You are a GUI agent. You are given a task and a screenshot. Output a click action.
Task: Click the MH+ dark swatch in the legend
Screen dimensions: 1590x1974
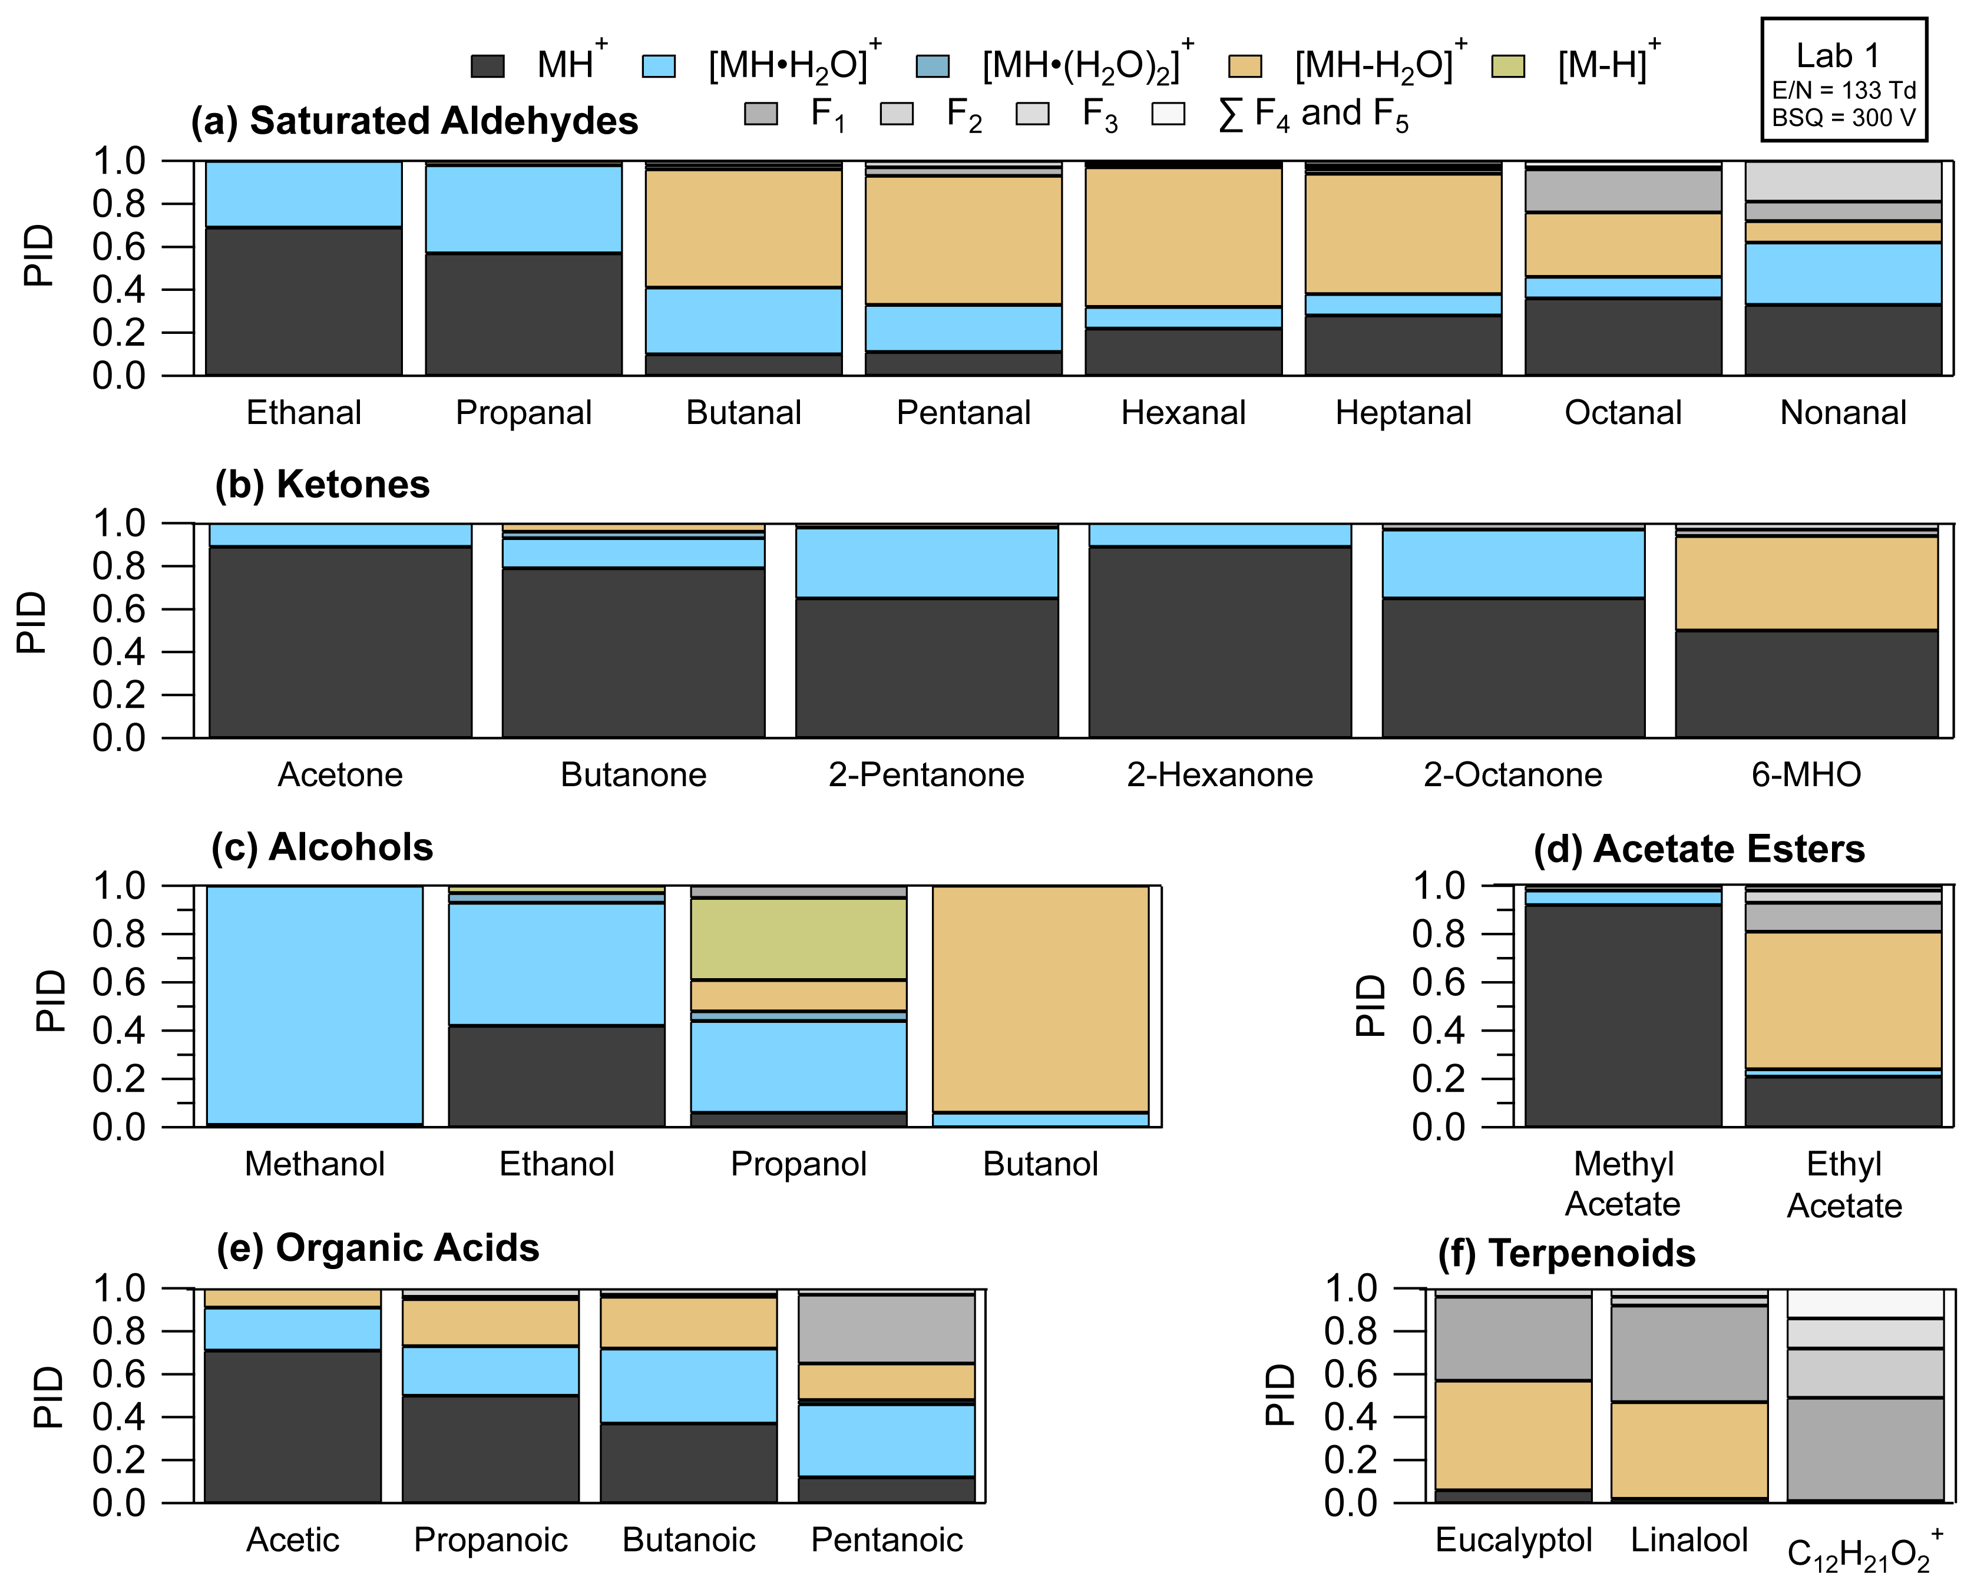(x=487, y=66)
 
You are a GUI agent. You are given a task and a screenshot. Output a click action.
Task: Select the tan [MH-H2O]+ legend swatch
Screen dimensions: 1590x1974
(x=1245, y=66)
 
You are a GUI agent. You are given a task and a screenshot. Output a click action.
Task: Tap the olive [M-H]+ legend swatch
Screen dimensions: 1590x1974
(x=1508, y=66)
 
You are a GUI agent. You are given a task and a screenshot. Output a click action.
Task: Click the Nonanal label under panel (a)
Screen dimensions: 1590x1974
(x=1843, y=413)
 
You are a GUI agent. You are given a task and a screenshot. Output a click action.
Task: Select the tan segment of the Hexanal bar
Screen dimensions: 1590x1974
(x=1183, y=236)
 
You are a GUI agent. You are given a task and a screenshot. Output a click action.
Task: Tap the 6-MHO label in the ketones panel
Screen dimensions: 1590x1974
(x=1806, y=775)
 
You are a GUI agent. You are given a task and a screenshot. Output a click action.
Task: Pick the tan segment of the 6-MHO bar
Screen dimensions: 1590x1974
(x=1806, y=584)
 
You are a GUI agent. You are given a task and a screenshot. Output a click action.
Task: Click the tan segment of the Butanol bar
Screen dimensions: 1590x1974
(x=1040, y=998)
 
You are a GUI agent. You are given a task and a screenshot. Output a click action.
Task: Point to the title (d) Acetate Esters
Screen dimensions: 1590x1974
(x=1699, y=849)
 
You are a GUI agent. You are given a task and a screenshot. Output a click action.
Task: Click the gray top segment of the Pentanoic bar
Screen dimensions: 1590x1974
(x=887, y=1328)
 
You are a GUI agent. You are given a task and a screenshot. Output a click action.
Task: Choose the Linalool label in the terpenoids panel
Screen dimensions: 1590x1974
(x=1689, y=1539)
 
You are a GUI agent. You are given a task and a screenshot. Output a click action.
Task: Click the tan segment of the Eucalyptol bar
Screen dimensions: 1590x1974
(x=1513, y=1435)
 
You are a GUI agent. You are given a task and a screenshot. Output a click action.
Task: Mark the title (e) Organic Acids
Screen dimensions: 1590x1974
(x=378, y=1248)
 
